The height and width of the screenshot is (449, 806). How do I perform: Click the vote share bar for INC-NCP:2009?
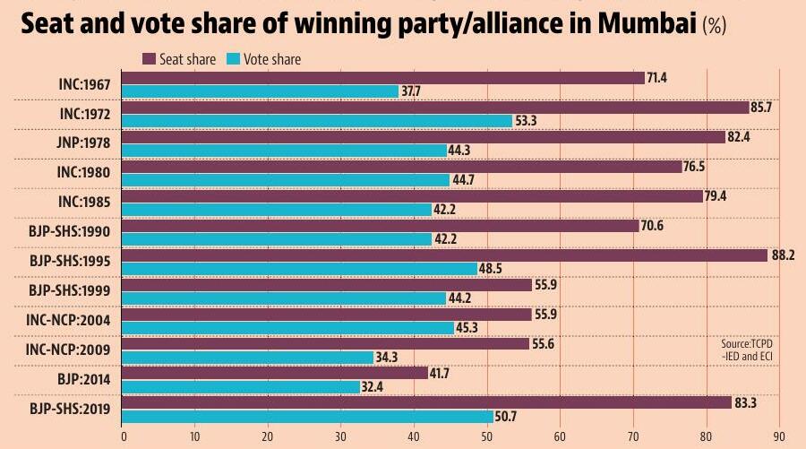click(247, 358)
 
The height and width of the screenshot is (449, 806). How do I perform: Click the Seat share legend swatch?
click(150, 59)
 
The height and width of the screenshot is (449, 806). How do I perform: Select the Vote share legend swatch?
click(234, 59)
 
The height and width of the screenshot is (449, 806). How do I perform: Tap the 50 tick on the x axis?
click(486, 436)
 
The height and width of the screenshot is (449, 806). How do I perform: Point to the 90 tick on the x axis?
click(778, 436)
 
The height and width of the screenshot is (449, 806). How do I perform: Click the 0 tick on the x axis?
click(123, 436)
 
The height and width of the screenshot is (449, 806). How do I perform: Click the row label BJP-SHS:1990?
click(70, 231)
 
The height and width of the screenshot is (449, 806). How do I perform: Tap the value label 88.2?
click(784, 255)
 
